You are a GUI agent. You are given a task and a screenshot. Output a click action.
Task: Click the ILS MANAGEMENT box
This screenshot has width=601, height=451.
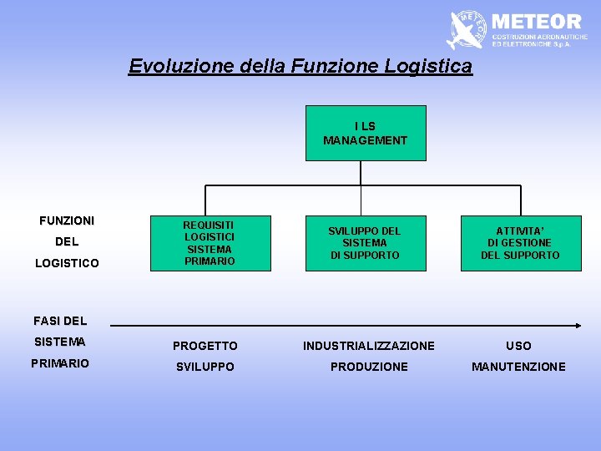tap(366, 133)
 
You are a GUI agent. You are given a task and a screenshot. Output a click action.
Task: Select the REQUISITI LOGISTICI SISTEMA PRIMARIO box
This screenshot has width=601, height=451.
tap(210, 243)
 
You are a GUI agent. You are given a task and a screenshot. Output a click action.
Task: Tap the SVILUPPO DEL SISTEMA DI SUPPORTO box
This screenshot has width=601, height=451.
tap(365, 243)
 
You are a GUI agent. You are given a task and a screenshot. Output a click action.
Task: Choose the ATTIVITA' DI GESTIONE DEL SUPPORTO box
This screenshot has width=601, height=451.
tap(520, 243)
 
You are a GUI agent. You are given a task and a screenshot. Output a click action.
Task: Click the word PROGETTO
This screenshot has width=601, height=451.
tap(205, 346)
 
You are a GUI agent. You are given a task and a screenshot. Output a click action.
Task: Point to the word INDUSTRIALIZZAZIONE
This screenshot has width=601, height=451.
tap(369, 346)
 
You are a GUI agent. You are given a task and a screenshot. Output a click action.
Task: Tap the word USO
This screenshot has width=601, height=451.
tap(518, 346)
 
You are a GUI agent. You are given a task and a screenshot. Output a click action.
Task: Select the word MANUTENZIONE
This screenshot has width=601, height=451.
tap(518, 367)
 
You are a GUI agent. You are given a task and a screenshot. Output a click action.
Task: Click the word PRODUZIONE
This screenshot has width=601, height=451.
tap(369, 367)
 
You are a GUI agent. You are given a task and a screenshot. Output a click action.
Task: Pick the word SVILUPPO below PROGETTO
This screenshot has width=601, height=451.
tap(205, 367)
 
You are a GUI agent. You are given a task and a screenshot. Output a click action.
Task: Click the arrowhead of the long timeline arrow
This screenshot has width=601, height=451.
tap(577, 325)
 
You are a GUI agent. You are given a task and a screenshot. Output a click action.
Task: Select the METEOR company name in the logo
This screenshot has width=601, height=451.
tap(537, 21)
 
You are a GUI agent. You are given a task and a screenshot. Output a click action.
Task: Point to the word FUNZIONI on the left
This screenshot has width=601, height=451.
tap(67, 221)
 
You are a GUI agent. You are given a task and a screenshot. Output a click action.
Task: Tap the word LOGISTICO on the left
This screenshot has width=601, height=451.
tap(67, 263)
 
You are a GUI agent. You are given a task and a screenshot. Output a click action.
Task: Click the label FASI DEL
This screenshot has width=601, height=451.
tap(60, 321)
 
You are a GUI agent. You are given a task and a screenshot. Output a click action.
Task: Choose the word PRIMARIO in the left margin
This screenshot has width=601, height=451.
tap(59, 363)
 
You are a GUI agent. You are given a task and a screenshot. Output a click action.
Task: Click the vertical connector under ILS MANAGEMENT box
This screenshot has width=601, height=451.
tap(361, 173)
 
